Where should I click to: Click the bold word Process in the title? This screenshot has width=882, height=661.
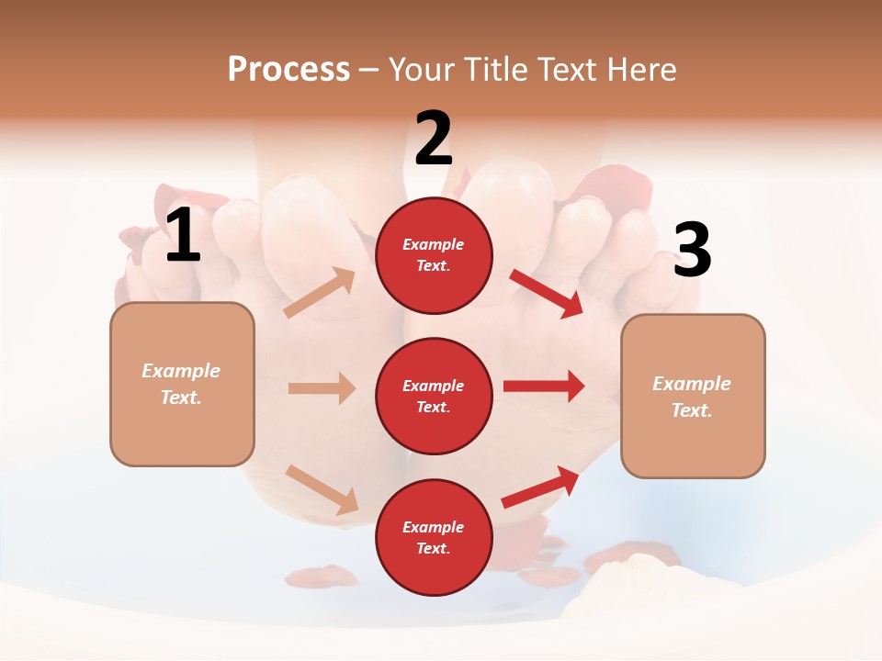coord(288,69)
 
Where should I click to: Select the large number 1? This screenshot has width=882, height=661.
coord(183,236)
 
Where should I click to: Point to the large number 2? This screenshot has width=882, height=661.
coord(434,139)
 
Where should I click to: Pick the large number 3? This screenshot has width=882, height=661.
coord(692,251)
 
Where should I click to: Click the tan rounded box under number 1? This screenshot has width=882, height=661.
coord(182,384)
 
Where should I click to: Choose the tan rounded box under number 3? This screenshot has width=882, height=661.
coord(693,397)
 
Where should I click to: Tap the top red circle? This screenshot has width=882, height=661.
coord(434,255)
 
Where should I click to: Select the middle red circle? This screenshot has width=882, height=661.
coord(434,396)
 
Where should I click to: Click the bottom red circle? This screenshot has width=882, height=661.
coord(434,537)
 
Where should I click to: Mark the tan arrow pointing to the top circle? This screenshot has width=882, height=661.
coord(320,293)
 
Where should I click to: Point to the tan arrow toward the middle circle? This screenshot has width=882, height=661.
coord(322,388)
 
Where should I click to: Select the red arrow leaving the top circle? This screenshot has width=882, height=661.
coord(546,293)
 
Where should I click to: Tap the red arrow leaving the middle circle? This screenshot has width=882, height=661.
coord(543,386)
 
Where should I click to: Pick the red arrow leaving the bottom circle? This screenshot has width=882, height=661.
coord(540,487)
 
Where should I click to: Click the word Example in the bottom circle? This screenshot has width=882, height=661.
coord(434,527)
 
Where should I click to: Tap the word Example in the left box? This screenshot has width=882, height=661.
coord(181,371)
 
